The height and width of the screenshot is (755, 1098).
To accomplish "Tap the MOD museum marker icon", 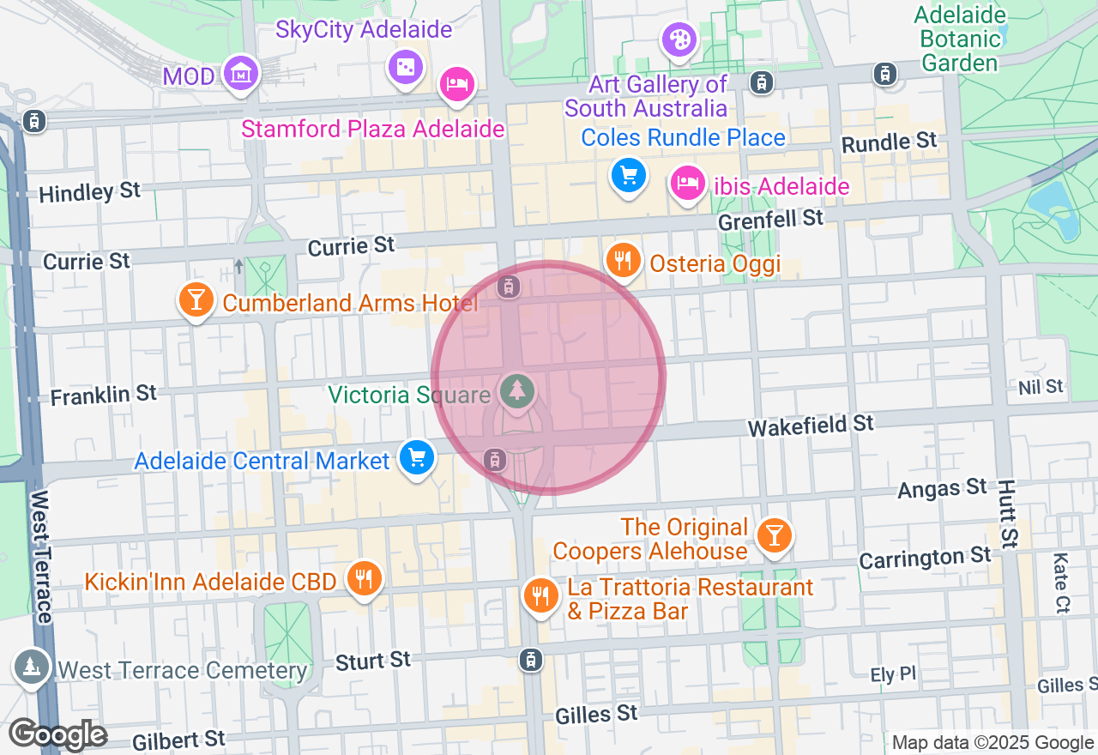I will click(241, 74).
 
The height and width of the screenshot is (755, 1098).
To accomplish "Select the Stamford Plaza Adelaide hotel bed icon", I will click(456, 84).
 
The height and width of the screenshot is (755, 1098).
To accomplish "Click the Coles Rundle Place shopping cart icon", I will click(628, 176).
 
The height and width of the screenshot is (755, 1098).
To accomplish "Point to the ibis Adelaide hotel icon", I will click(687, 183).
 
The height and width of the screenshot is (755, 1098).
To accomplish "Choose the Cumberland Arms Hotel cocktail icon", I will click(196, 299).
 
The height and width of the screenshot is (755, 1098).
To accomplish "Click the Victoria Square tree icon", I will click(516, 392).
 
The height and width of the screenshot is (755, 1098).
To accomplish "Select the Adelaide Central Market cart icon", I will click(417, 457).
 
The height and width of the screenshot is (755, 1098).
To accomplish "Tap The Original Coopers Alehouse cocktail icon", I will click(775, 535).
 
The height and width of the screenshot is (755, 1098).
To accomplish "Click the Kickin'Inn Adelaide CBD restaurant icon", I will click(364, 577).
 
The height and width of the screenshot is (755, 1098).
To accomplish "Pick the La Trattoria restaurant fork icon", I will click(540, 594).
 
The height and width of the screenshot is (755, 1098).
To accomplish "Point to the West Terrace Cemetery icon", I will click(31, 666).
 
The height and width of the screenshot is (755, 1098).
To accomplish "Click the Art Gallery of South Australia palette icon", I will click(679, 39).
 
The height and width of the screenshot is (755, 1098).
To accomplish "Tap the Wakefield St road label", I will click(810, 424).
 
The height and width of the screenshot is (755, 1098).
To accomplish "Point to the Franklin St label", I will click(104, 395).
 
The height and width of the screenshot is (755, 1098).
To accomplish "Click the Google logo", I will click(57, 735).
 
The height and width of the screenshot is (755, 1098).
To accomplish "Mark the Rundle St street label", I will click(890, 142).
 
